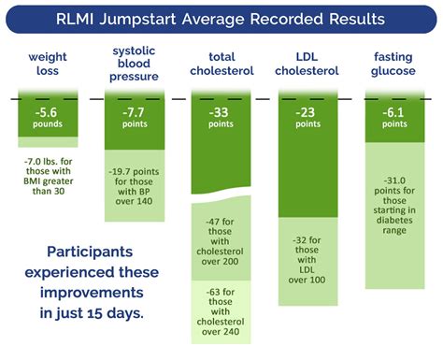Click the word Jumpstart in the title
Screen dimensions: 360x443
166,19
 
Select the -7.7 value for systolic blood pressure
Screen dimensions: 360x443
133,115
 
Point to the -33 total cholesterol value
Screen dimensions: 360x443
220,115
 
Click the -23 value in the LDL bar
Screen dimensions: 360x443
307,115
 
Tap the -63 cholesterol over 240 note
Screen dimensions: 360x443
221,318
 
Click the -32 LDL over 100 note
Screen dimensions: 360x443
307,253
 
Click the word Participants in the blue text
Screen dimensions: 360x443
93,252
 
